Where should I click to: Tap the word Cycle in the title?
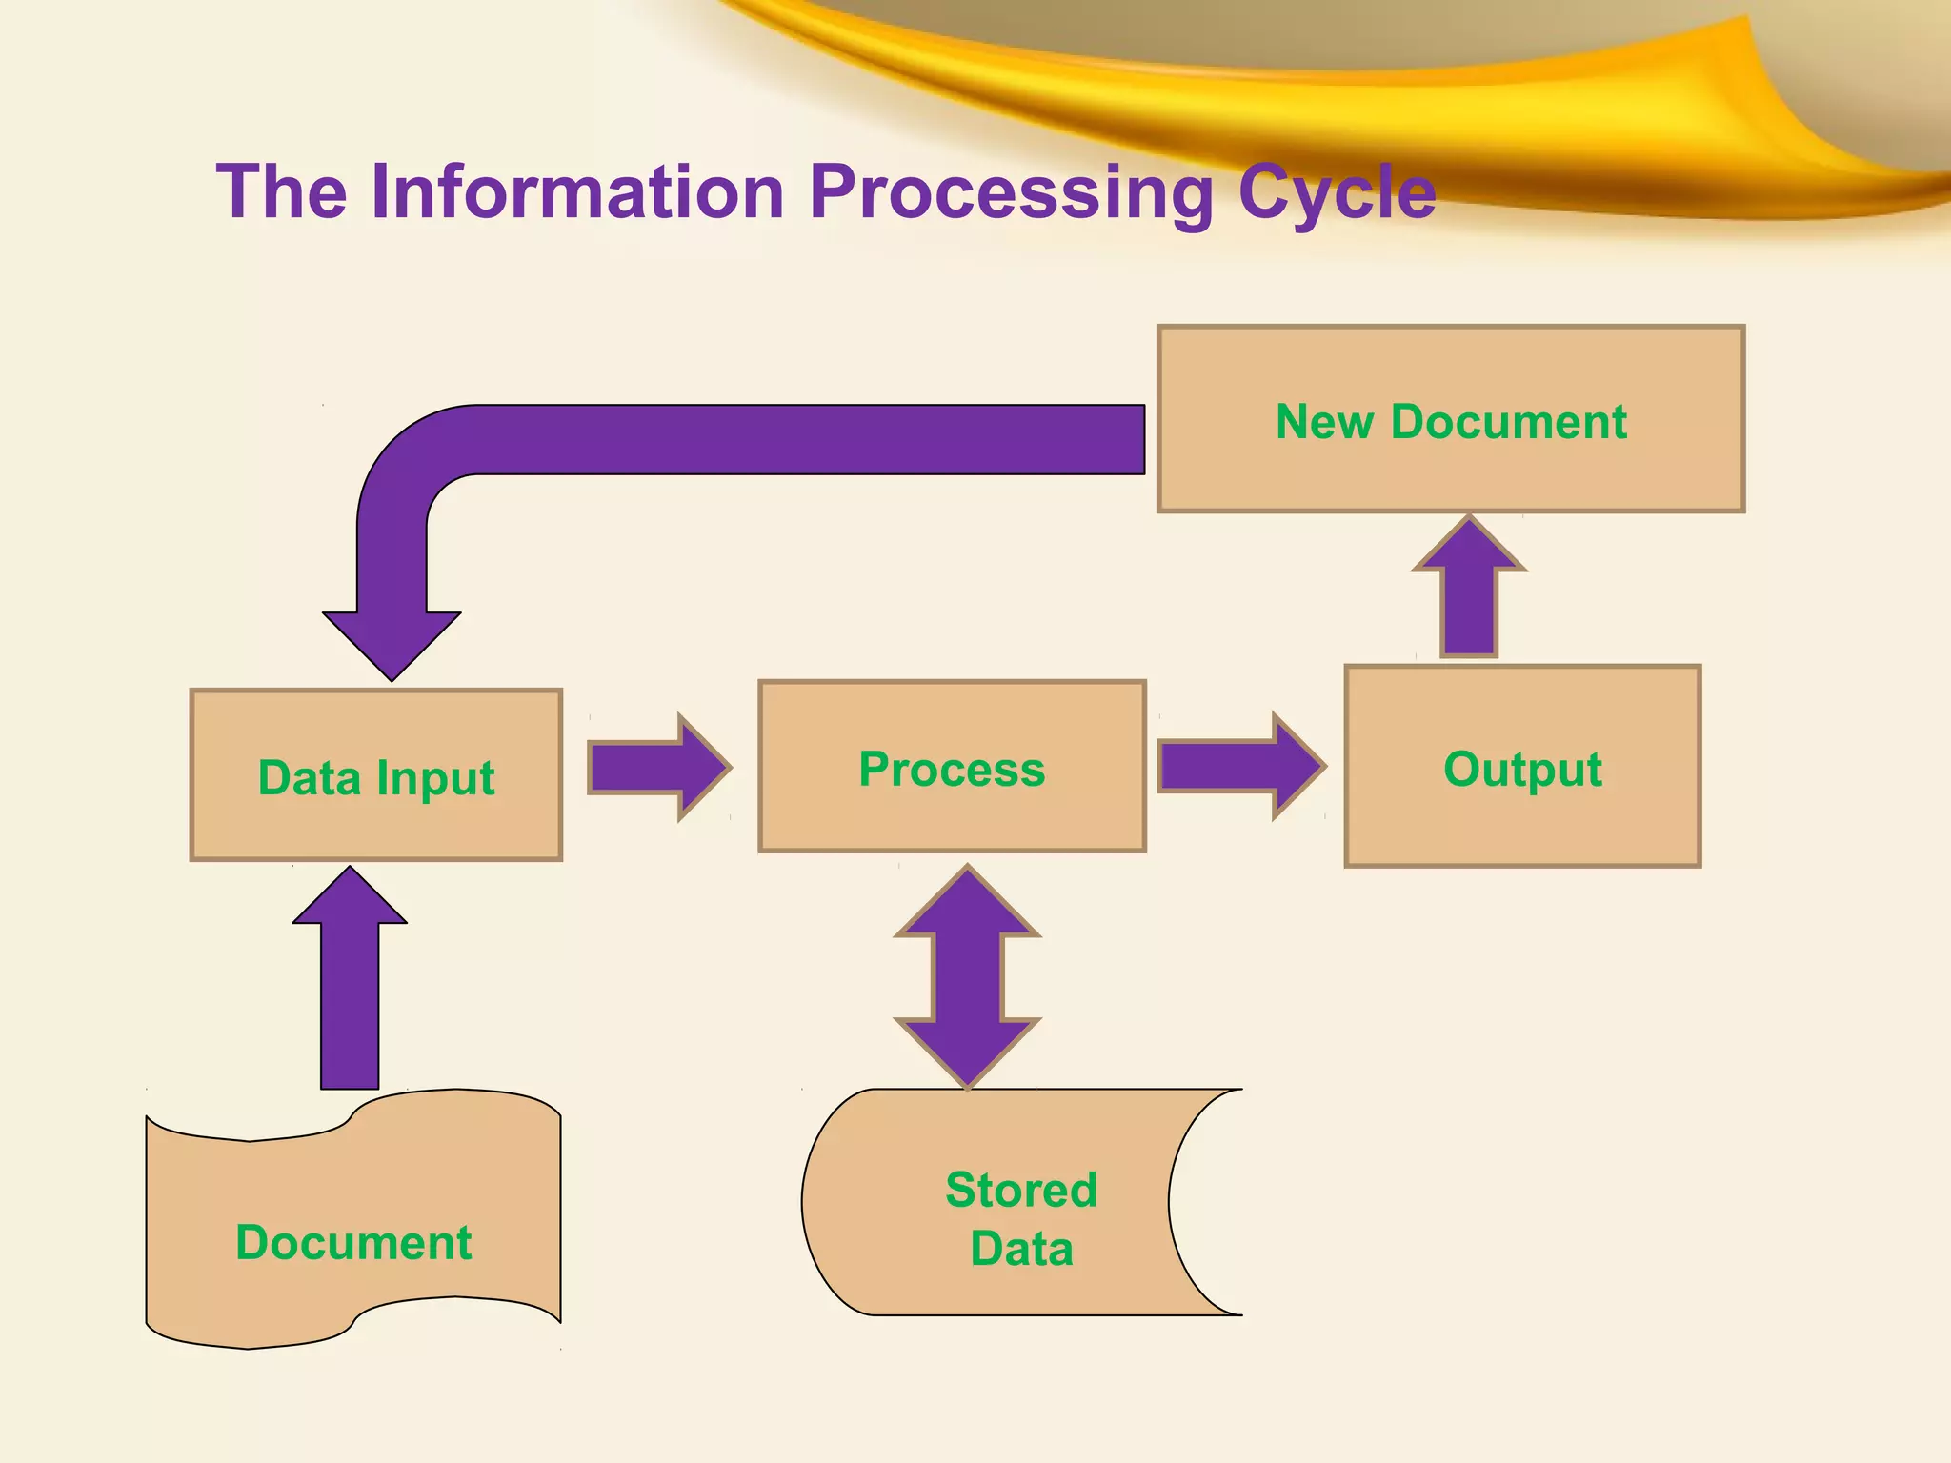tap(1337, 192)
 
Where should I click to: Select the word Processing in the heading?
tap(1011, 192)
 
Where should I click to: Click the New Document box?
tap(1450, 419)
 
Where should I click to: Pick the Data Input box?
tap(376, 775)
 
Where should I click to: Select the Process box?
tap(952, 767)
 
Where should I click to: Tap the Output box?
tap(1522, 767)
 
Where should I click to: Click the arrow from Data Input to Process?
tap(657, 767)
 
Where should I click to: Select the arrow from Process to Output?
tap(1238, 766)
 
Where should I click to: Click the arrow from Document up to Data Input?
tap(350, 981)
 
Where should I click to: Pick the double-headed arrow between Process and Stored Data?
tap(967, 976)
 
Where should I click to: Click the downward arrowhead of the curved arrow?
tap(392, 643)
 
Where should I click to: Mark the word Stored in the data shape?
tap(1021, 1190)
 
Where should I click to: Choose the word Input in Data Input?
tap(435, 779)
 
